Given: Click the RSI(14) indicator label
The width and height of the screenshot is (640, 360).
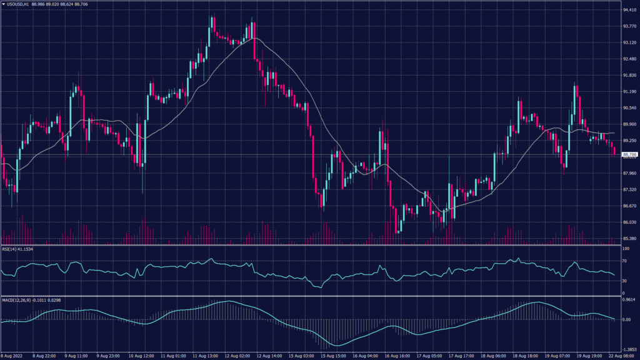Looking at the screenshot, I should (x=9, y=249).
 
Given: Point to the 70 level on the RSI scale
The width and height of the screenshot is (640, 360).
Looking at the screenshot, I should (x=624, y=261).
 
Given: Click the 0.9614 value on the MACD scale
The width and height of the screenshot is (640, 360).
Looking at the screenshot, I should (x=628, y=299).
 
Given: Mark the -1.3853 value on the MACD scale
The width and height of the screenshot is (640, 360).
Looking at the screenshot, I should (x=628, y=349).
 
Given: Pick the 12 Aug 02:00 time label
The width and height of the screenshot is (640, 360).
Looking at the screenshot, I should (x=238, y=356).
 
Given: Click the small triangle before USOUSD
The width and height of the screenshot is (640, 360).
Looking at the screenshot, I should (x=3, y=4).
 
